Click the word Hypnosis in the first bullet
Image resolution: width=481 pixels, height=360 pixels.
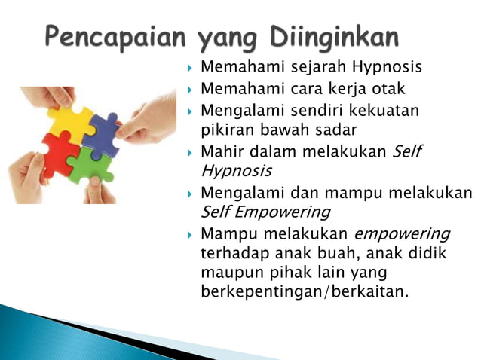click(385, 68)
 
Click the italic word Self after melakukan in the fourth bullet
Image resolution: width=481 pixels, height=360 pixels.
click(408, 151)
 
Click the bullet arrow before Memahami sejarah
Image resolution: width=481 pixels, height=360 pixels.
click(190, 68)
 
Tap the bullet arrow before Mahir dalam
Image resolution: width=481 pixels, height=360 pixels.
click(190, 152)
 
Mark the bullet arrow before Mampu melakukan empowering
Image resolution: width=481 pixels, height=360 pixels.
click(190, 233)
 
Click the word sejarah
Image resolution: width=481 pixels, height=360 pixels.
click(310, 67)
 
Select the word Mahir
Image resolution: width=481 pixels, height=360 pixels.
click(222, 151)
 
